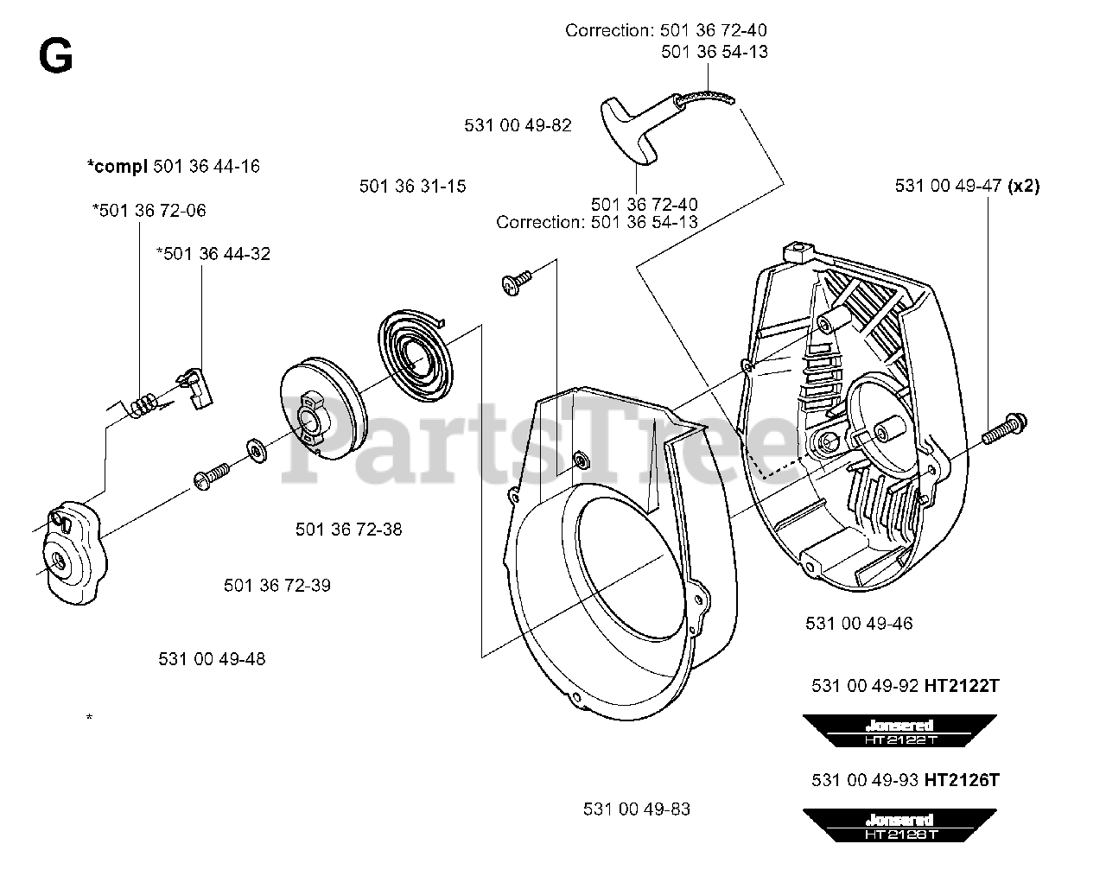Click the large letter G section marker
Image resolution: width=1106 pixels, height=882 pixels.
click(x=55, y=58)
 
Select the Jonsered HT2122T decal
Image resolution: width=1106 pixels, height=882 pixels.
click(x=899, y=731)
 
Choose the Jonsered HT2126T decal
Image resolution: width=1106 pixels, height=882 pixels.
click(x=899, y=825)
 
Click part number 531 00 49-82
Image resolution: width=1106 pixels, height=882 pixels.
click(x=518, y=125)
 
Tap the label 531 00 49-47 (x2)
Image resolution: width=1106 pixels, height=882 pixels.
click(x=967, y=186)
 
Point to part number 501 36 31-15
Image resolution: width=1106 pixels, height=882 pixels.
click(x=412, y=186)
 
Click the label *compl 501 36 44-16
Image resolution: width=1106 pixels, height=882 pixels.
click(x=173, y=165)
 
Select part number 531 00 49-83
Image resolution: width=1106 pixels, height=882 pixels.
click(x=637, y=809)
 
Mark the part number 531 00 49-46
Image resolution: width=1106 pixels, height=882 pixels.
click(x=859, y=623)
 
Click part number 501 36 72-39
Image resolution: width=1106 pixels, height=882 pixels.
click(x=276, y=585)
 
